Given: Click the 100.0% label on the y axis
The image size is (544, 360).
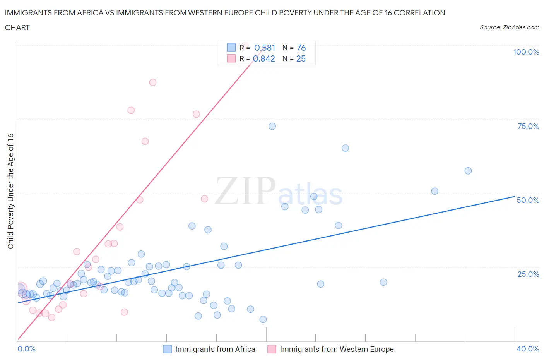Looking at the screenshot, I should click(x=526, y=52).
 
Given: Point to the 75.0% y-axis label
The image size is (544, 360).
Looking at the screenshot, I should click(x=528, y=126).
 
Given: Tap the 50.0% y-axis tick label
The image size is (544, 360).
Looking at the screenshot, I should click(x=528, y=200).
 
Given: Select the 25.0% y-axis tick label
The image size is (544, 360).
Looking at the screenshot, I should click(x=528, y=274).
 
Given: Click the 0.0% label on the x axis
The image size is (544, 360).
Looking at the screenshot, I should click(x=26, y=349).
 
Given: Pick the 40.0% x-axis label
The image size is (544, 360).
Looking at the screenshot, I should click(x=528, y=349).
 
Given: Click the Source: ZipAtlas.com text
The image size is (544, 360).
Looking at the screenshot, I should click(x=509, y=27).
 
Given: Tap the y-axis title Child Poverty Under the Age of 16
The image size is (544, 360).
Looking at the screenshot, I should click(x=10, y=191).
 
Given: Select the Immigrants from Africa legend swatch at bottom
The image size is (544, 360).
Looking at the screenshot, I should click(x=167, y=349).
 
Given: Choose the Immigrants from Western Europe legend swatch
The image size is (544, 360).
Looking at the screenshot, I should click(x=272, y=349).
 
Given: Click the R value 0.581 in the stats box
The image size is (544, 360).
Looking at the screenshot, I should click(x=265, y=48).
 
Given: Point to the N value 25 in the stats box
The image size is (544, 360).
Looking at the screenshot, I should click(x=301, y=58).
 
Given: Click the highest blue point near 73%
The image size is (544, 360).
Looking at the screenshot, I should click(x=272, y=126).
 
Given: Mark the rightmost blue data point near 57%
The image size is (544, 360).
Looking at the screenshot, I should click(x=468, y=171).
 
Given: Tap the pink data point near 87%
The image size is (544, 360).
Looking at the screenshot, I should click(x=153, y=82).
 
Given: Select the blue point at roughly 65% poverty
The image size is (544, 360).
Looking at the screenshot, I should click(x=346, y=148).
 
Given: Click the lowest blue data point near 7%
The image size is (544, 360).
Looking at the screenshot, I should click(x=263, y=319).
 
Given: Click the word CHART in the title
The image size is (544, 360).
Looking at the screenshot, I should click(x=17, y=27).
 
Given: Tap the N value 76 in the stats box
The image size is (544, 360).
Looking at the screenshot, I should click(x=301, y=48).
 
